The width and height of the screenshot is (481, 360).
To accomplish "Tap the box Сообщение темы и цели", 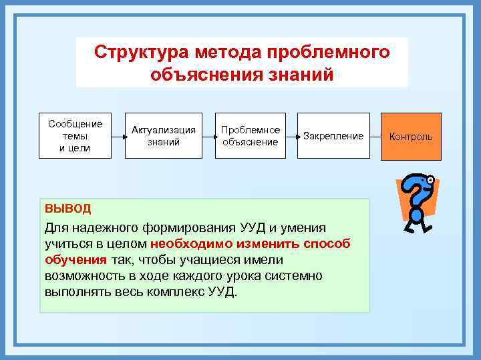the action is [75, 136].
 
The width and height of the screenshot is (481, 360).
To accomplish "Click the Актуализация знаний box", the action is [164, 136].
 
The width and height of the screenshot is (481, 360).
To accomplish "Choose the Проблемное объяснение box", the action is [250, 136].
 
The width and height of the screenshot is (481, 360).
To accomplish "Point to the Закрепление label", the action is [333, 137].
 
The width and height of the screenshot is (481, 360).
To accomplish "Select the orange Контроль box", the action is [411, 137].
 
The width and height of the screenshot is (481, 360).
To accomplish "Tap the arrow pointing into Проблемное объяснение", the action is [207, 136].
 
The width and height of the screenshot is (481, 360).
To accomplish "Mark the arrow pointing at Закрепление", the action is [292, 136].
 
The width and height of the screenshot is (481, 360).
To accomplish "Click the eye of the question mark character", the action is [431, 179].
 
